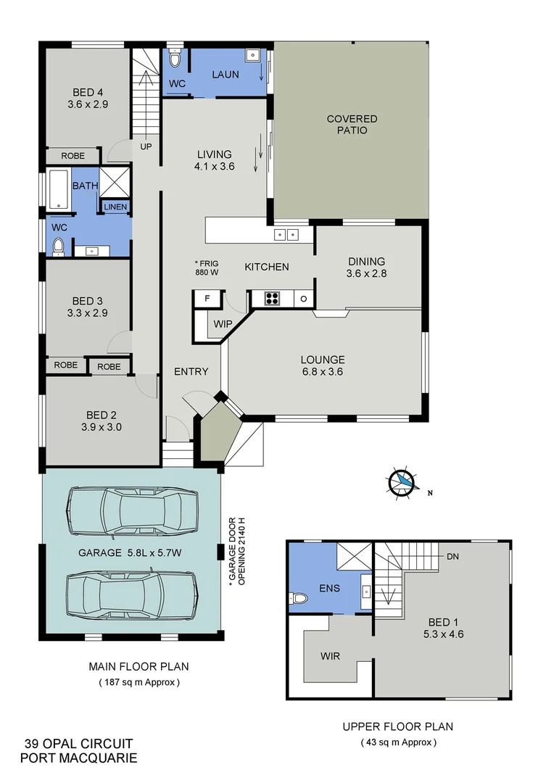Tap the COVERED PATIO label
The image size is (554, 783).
tap(352, 124)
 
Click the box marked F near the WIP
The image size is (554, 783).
tap(207, 298)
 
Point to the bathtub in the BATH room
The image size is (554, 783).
tap(58, 191)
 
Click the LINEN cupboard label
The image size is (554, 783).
tap(115, 207)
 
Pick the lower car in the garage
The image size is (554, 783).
tap(131, 594)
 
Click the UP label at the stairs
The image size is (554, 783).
tap(146, 146)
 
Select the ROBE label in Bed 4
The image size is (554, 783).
tap(73, 156)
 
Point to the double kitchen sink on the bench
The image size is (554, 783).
tap(286, 234)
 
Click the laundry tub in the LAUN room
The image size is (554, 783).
tap(254, 54)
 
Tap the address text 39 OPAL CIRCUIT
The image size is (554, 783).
tap(78, 743)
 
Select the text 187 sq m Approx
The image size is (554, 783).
tap(138, 682)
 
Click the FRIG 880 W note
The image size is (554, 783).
tap(207, 268)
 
